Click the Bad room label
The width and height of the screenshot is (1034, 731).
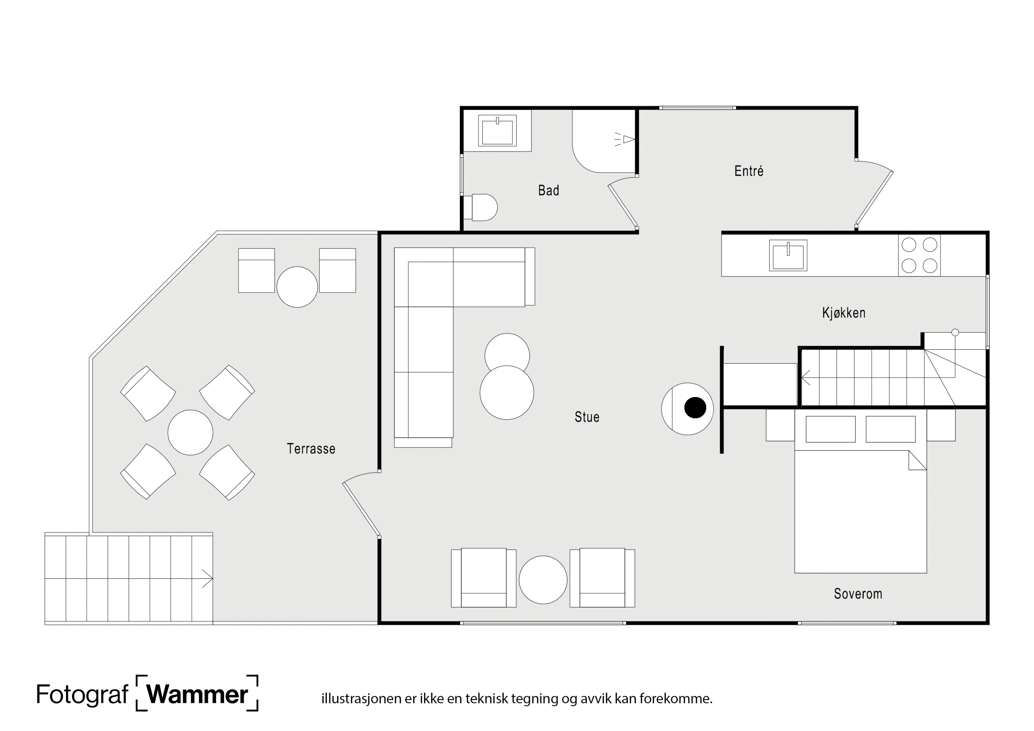pos(549,190)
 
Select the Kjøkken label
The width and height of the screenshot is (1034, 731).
pos(844,312)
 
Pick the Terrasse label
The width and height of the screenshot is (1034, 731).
pos(311,449)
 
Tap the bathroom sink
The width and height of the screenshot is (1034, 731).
pos(497,131)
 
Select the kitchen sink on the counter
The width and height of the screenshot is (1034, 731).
pos(788,255)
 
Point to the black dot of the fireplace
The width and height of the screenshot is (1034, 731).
pos(695,408)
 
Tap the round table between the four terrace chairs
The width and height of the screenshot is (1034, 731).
pos(190,432)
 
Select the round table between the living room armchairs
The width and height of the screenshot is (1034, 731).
pos(543,580)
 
